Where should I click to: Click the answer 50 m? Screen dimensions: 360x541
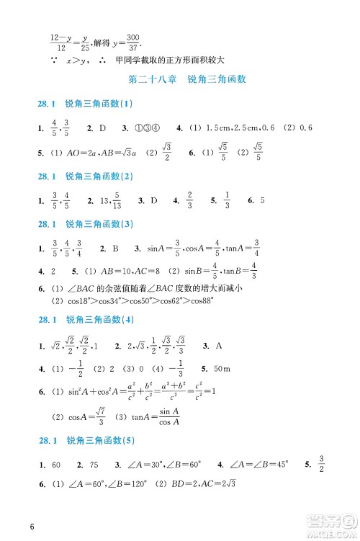click(221, 370)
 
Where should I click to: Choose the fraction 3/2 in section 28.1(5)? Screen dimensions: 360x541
click(321, 465)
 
